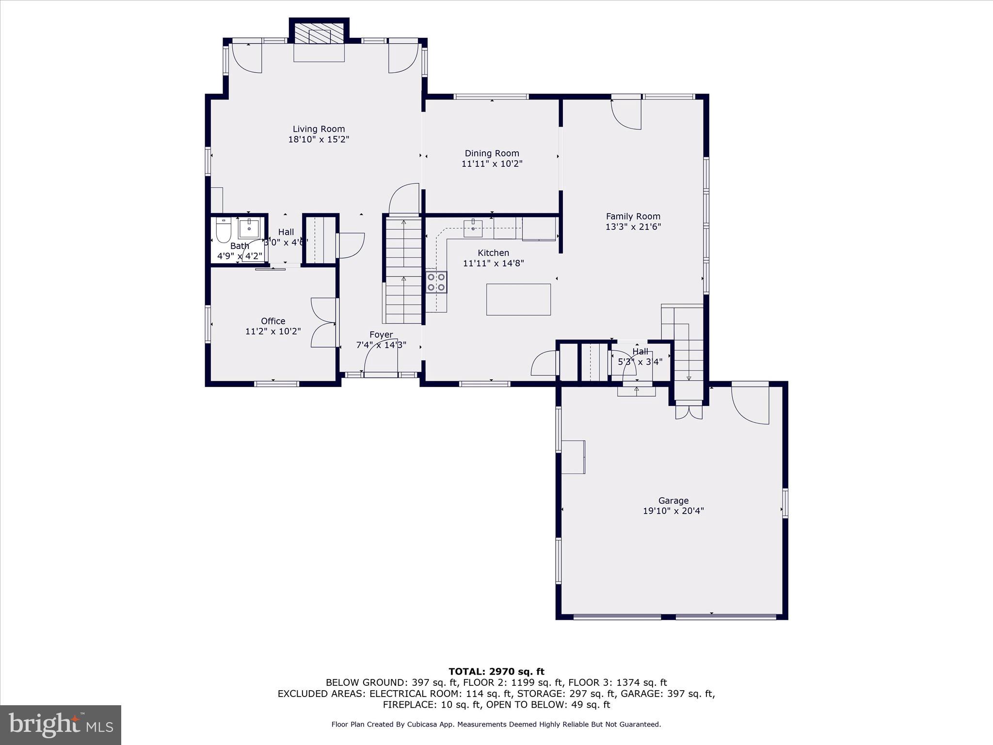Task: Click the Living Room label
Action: click(x=319, y=129)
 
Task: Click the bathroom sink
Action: click(x=249, y=227)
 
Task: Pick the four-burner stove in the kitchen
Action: click(x=436, y=282)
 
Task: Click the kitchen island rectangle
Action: click(x=518, y=299)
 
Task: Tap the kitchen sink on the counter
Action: click(x=472, y=228)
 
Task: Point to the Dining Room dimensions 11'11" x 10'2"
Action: click(x=492, y=164)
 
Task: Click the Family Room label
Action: click(x=633, y=216)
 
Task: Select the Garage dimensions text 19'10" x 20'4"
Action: click(x=673, y=511)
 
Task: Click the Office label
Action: click(x=273, y=321)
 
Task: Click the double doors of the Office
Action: click(x=323, y=323)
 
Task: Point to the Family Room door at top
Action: click(x=626, y=113)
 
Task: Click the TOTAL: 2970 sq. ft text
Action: click(x=496, y=671)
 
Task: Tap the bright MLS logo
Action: click(x=60, y=725)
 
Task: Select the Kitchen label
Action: click(x=493, y=253)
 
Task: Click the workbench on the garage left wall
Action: click(x=573, y=456)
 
